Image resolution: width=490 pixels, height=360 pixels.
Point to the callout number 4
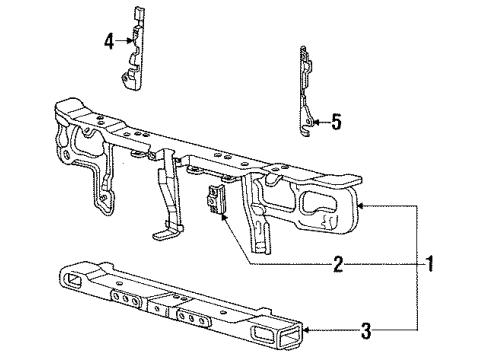109,41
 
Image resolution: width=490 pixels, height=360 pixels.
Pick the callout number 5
336,124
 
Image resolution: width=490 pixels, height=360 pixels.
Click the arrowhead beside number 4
121,41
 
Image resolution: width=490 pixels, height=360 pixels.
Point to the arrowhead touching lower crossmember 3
304,329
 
